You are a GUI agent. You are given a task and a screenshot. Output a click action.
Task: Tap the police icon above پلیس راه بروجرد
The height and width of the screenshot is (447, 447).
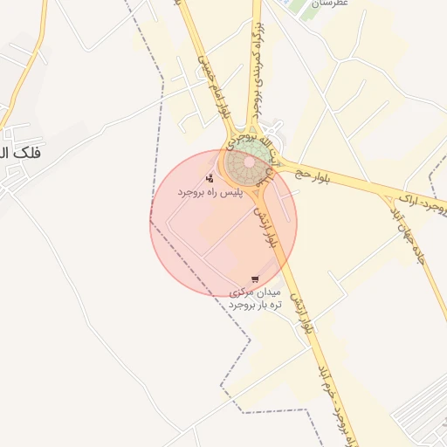(x=209, y=178)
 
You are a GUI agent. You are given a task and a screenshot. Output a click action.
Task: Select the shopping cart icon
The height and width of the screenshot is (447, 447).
(x=254, y=279)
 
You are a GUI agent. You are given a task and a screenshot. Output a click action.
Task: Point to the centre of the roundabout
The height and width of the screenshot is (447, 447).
(x=248, y=164)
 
